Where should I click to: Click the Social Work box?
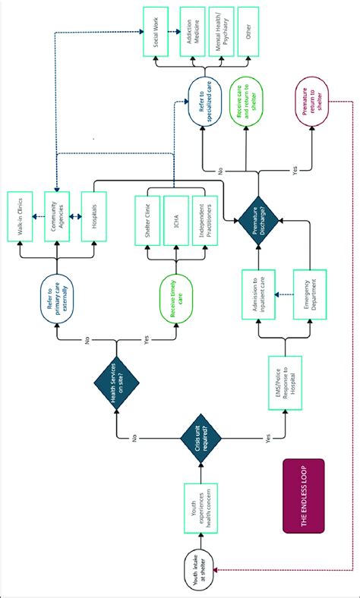tap(155, 32)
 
